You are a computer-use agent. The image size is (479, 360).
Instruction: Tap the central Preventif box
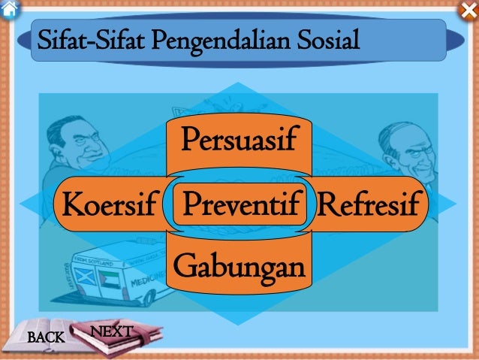click(239, 203)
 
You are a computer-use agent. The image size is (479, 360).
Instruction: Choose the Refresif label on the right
click(369, 204)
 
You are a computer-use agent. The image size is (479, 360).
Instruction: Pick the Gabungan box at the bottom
click(239, 266)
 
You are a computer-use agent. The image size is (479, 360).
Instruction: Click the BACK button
click(46, 338)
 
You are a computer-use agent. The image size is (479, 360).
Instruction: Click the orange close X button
click(467, 10)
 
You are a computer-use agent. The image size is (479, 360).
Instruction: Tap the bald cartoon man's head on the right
click(402, 143)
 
